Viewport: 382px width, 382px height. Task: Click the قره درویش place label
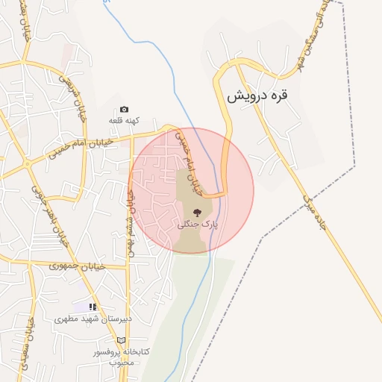[257, 96]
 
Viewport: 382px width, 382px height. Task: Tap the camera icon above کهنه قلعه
[124, 110]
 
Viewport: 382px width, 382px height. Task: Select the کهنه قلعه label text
[124, 120]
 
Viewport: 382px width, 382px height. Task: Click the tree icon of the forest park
[197, 213]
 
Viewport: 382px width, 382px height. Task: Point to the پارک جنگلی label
[196, 224]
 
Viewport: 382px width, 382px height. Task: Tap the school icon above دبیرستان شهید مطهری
[93, 307]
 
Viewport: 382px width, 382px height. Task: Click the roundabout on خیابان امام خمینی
[28, 163]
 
